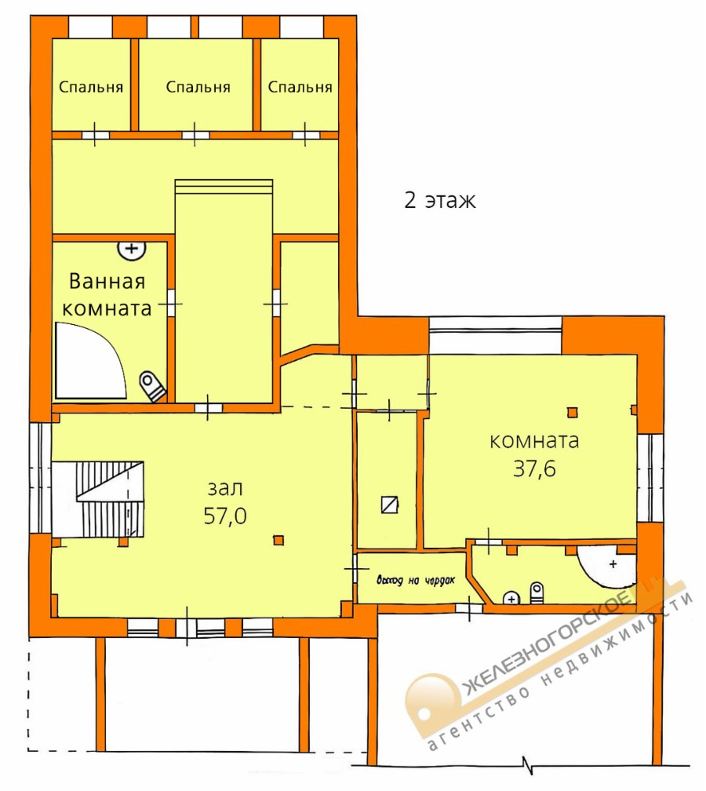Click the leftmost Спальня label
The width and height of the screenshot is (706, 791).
coord(91,87)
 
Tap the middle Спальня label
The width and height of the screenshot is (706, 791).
coord(198,87)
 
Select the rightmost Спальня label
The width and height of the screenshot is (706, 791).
coord(300,87)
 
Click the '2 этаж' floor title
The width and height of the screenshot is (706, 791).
coord(440,200)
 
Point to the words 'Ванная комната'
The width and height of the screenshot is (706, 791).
coord(107,294)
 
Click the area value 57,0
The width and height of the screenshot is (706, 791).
coord(225,516)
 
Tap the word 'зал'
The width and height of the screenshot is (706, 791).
coord(225,488)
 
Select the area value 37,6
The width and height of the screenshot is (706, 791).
coord(534,468)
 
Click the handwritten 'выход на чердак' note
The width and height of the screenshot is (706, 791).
coord(416,580)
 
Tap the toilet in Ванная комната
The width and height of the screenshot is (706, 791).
coord(152,386)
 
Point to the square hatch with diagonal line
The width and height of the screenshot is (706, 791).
coord(390,505)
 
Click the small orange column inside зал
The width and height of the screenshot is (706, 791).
coord(278,541)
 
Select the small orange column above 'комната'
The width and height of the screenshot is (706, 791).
coord(572,413)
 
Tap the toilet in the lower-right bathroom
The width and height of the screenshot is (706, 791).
coord(537,593)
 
